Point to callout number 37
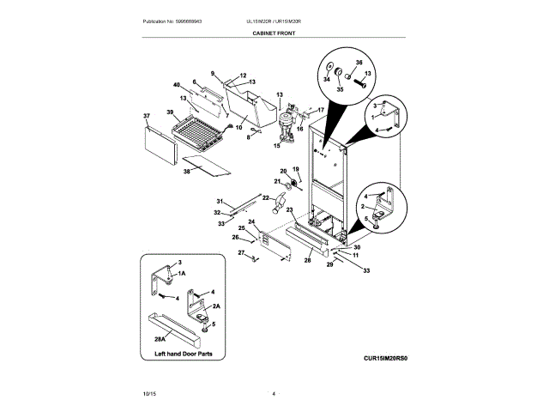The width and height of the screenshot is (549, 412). click(x=146, y=115)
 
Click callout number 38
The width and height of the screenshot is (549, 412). click(x=186, y=172)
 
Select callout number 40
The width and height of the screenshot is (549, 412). click(x=176, y=85)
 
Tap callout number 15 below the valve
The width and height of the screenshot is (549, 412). click(x=276, y=146)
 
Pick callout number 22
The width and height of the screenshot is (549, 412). click(x=265, y=198)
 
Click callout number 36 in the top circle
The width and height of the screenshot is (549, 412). click(x=359, y=63)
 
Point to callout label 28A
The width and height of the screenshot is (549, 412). click(x=160, y=339)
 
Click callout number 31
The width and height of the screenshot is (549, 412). click(x=219, y=201)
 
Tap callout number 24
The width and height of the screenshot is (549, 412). click(x=251, y=222)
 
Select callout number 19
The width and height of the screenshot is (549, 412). click(x=296, y=168)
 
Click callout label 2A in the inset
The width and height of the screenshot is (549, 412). click(x=217, y=306)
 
